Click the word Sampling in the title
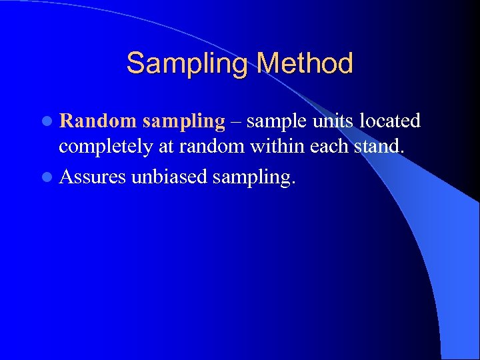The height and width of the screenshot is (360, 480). tap(188, 64)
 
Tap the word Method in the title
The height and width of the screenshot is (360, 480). tap(305, 64)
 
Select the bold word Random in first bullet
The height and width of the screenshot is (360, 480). tap(98, 121)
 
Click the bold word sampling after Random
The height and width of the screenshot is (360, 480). tap(184, 122)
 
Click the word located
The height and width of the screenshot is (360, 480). tap(390, 121)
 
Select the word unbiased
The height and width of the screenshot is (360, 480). tap(167, 176)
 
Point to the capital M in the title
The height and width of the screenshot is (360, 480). tap(269, 64)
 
